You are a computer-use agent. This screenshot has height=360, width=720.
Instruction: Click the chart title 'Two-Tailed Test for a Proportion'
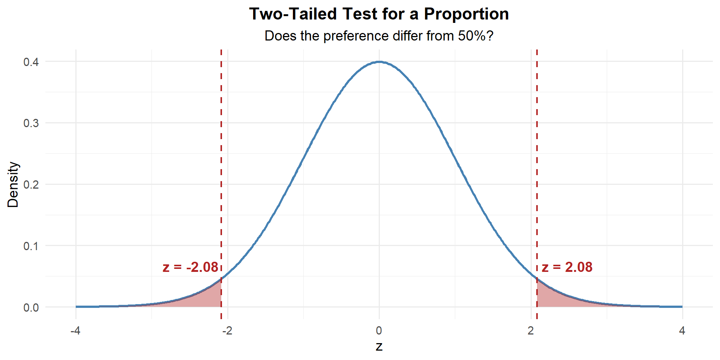[379, 14]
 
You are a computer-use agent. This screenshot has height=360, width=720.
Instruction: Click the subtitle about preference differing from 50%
[379, 36]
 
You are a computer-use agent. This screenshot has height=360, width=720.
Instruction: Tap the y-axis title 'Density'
[13, 184]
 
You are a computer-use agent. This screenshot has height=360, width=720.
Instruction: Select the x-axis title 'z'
[379, 346]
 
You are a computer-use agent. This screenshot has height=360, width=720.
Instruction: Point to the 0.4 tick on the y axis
[31, 62]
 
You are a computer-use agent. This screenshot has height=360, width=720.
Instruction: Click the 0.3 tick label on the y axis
[31, 123]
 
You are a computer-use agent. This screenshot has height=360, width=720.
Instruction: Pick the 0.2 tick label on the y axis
[31, 185]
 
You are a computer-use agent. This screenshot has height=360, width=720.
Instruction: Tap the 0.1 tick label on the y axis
[31, 246]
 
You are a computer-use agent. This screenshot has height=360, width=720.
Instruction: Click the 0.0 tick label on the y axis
[31, 308]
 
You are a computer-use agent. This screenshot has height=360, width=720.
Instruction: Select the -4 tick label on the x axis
[75, 331]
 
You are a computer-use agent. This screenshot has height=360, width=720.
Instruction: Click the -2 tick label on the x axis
[227, 331]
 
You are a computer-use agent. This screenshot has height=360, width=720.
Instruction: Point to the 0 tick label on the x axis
[379, 331]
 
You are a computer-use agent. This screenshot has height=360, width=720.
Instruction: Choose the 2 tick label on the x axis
[531, 331]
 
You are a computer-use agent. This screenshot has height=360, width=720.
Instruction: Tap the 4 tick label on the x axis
[682, 331]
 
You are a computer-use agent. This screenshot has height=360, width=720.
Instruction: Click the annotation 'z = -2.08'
[190, 267]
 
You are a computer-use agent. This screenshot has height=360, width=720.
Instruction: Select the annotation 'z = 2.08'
[567, 267]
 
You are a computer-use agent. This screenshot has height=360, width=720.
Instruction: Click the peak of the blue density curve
[379, 62]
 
